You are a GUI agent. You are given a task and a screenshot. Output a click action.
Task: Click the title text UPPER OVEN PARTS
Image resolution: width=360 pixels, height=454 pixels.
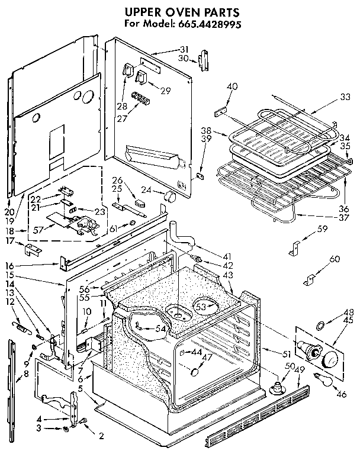tap(181, 11)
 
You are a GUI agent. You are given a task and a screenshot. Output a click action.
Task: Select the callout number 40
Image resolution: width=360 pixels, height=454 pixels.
tap(232, 86)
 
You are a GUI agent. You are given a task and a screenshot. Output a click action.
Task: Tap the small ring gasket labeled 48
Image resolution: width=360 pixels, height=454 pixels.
tap(320, 325)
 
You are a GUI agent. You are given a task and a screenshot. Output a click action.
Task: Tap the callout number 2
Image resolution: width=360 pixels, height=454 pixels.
tap(101, 436)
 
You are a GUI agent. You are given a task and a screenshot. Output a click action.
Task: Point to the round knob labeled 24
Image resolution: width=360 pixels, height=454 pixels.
tap(170, 196)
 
